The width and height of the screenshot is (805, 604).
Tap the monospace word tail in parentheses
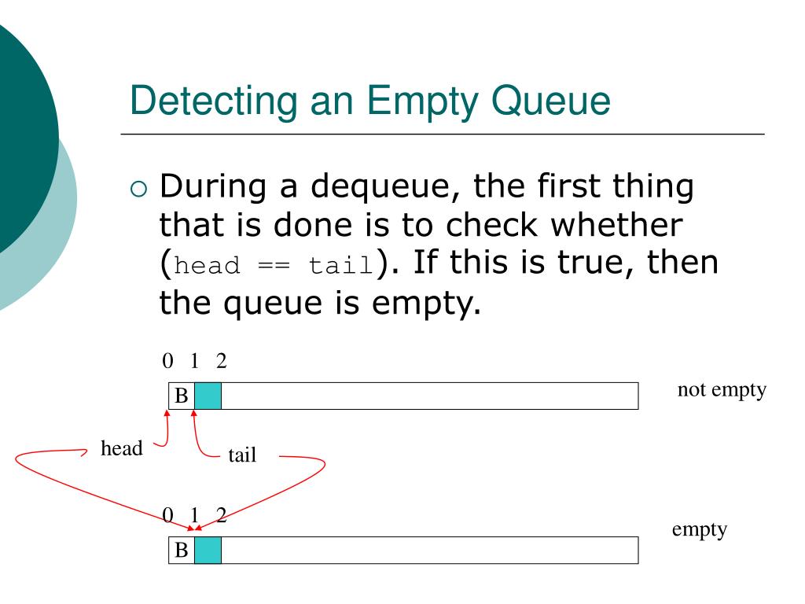pyautogui.click(x=339, y=265)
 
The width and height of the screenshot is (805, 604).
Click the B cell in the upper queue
pyautogui.click(x=182, y=396)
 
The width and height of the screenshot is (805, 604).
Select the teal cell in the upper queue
pyautogui.click(x=208, y=396)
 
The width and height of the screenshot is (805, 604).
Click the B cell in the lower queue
pyautogui.click(x=182, y=550)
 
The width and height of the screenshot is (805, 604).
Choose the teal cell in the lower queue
pyautogui.click(x=208, y=550)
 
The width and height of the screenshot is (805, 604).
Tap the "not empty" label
pyautogui.click(x=721, y=391)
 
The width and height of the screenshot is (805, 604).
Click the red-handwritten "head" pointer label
pyautogui.click(x=122, y=449)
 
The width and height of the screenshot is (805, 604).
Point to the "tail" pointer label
pyautogui.click(x=242, y=455)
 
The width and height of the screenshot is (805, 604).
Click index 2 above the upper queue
pyautogui.click(x=221, y=361)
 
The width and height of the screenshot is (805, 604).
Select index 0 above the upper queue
pyautogui.click(x=167, y=361)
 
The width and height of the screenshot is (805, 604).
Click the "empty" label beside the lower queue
pyautogui.click(x=699, y=529)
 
